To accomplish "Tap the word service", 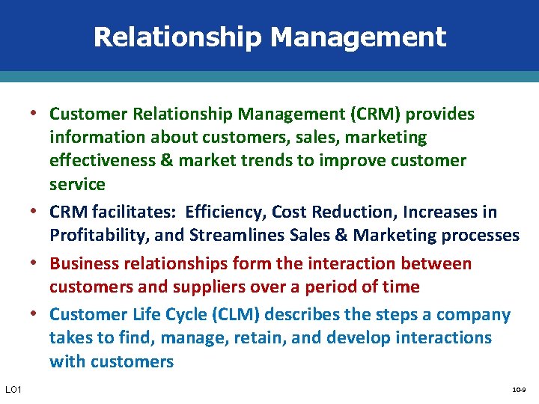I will (77, 184).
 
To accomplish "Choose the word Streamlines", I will (228, 236).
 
